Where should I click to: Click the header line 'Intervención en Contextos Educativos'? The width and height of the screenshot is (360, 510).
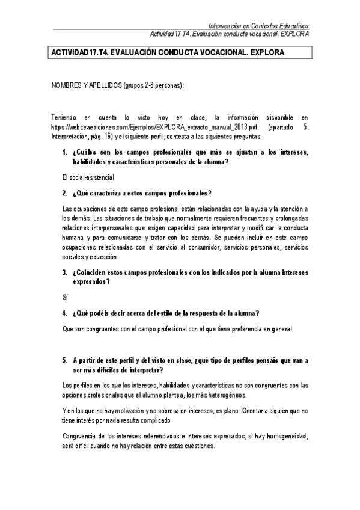(x=258, y=26)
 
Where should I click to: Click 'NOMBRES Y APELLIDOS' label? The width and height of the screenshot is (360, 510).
(x=86, y=86)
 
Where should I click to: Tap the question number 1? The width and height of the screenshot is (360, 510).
(x=64, y=153)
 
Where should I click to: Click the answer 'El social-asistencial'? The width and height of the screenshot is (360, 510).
(x=88, y=177)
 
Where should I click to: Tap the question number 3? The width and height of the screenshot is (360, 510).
(x=64, y=272)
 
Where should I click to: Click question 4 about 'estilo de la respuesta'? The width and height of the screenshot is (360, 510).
(x=165, y=313)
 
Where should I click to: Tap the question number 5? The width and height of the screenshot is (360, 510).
(x=64, y=360)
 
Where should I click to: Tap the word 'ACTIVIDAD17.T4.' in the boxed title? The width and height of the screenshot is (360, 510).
(x=81, y=52)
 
